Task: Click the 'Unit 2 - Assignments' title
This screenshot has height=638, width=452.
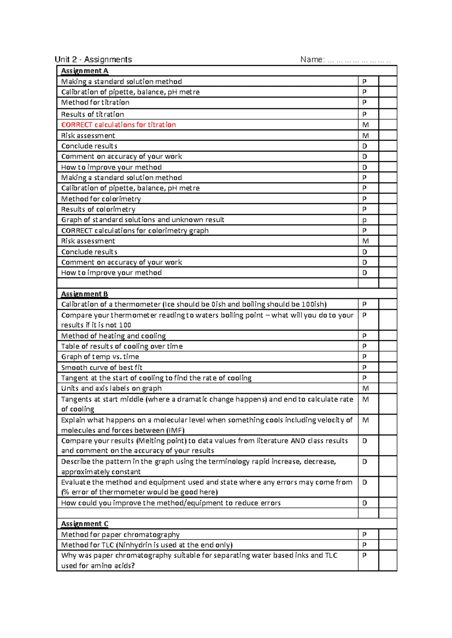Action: click(93, 59)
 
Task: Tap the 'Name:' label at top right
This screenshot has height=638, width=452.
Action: click(312, 59)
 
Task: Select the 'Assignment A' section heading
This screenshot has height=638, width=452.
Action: click(84, 71)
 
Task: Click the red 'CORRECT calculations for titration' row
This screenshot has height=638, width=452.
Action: click(118, 125)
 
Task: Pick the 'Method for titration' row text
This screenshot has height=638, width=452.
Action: click(95, 102)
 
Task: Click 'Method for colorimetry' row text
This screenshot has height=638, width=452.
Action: click(101, 199)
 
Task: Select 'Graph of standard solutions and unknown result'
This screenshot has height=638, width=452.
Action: click(143, 220)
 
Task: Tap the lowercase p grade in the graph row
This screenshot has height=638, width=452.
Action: click(364, 220)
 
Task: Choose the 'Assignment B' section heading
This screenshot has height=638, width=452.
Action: click(84, 294)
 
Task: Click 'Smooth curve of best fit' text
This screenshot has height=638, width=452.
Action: click(102, 368)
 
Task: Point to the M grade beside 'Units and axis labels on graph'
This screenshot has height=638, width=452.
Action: click(365, 388)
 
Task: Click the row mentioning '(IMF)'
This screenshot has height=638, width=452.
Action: click(206, 425)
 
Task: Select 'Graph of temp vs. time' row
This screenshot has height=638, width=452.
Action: click(100, 357)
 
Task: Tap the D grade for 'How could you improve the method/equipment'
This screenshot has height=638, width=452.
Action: click(365, 503)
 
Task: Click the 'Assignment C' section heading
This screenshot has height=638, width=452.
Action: click(85, 524)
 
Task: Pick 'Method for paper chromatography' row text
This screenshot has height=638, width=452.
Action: click(120, 535)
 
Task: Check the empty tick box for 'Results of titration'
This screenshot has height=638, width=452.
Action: click(388, 114)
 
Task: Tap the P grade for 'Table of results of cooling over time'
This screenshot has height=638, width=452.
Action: click(364, 346)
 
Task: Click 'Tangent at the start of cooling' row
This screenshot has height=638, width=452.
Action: click(156, 378)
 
